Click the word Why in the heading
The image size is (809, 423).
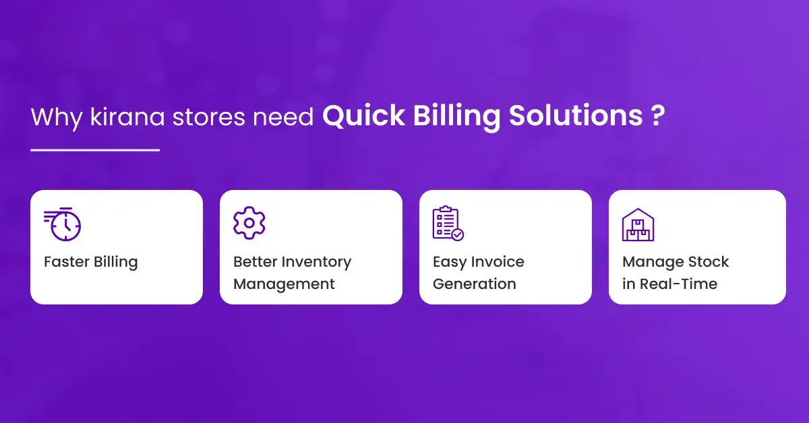coord(57,118)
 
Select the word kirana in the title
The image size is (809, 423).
coord(127,117)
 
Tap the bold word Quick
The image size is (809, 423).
coord(363,117)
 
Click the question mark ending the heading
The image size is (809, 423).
coord(658,115)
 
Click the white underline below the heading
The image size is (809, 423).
coord(95,150)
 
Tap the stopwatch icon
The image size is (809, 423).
coord(62,224)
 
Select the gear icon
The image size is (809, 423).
coord(249,223)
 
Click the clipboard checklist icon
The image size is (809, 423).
coord(448,223)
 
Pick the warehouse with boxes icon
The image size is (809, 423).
coord(638,224)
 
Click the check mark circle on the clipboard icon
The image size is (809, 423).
coord(458,235)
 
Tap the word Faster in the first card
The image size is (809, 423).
coord(67,261)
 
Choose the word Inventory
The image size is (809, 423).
coord(316,263)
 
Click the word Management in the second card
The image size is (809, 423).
coord(284,284)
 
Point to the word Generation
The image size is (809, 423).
coord(474,284)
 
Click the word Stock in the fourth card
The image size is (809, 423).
coord(709,261)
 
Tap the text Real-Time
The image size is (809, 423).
coord(679,284)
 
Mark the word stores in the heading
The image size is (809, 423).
coord(208,117)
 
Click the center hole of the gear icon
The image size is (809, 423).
coord(249,223)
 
